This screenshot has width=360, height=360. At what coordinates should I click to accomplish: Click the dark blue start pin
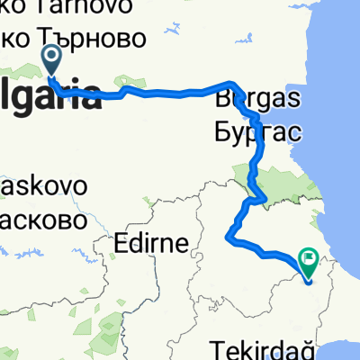(x=50, y=61)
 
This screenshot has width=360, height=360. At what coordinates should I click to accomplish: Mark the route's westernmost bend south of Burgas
(x=226, y=237)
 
